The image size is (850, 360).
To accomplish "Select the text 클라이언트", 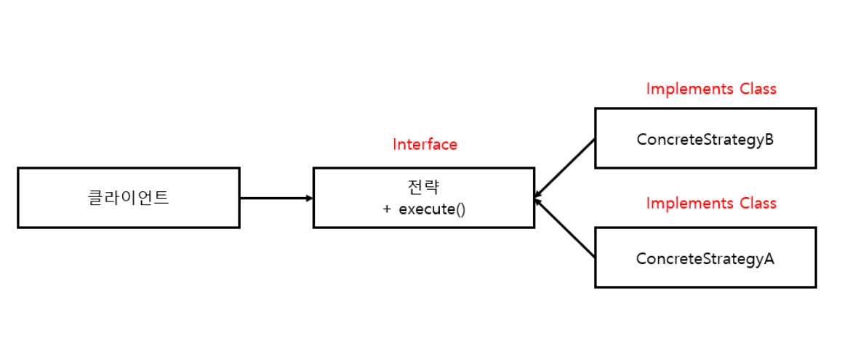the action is [129, 198].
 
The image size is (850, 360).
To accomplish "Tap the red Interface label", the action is [425, 144].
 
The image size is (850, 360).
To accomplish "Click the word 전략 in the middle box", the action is [424, 188].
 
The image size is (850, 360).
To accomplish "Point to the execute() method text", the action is [432, 209].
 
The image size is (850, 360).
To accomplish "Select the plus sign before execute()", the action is [387, 209].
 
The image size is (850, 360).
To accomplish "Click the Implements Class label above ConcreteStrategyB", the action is [711, 89].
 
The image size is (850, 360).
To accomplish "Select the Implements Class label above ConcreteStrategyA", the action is [711, 203].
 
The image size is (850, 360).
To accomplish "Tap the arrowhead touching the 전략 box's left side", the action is [309, 198].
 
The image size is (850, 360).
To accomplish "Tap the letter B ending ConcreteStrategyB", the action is [769, 139].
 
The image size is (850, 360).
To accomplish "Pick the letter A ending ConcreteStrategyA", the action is [769, 258].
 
